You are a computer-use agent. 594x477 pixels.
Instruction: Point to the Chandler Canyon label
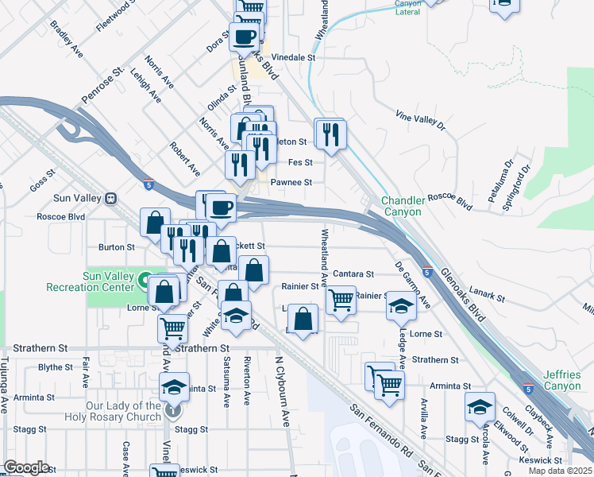[403, 207]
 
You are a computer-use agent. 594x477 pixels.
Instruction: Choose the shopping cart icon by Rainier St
[341, 301]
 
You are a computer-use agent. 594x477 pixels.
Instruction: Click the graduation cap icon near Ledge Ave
[401, 306]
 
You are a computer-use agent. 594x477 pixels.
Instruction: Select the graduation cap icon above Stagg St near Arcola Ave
[480, 406]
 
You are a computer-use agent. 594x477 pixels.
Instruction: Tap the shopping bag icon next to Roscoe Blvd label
[156, 222]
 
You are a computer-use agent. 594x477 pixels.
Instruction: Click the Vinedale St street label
[294, 58]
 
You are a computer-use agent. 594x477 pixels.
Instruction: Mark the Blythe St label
[56, 367]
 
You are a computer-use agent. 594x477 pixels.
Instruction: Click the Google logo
[27, 467]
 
